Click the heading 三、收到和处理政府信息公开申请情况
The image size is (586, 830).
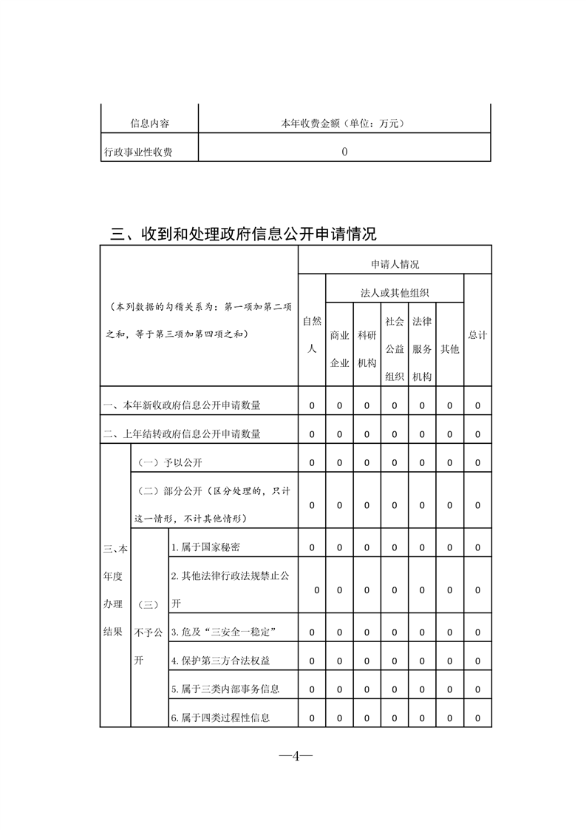point(243,235)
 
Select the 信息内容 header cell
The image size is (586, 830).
point(149,124)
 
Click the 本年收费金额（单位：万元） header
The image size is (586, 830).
point(344,124)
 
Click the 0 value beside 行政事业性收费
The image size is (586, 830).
point(344,152)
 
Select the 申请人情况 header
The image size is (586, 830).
point(395,264)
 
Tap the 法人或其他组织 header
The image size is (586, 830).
point(395,293)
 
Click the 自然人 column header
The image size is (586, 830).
point(312,334)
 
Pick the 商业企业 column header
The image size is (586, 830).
point(339,348)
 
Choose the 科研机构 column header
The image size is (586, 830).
point(367,348)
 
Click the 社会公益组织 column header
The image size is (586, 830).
point(394,348)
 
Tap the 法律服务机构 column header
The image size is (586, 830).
point(421,348)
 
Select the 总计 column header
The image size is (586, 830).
point(477,335)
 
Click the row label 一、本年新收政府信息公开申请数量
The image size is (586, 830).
point(183,405)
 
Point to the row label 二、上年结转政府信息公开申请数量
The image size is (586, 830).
point(183,433)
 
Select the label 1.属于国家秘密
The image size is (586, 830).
point(205,547)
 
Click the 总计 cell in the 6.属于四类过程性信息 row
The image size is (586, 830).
point(477,718)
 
